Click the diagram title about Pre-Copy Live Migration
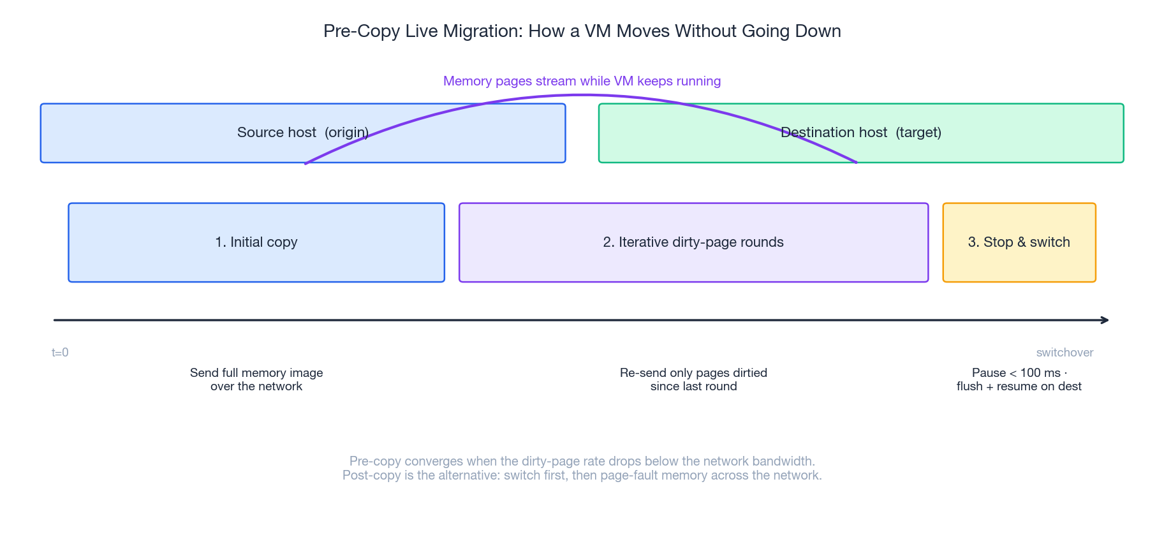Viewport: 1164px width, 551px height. coord(582,31)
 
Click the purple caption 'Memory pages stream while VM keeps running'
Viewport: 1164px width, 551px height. coord(582,81)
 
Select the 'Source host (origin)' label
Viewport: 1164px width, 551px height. coord(303,133)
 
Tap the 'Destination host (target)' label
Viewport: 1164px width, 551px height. coord(861,133)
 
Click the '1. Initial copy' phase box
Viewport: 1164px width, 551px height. coord(256,242)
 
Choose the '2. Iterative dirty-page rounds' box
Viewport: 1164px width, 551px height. coord(693,242)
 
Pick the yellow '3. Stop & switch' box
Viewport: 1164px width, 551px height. coord(1019,242)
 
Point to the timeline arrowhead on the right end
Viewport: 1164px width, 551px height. coord(1106,320)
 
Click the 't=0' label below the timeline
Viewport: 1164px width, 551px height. coord(60,353)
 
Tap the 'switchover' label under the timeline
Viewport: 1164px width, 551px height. coord(1065,353)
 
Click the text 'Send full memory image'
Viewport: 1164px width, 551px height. coord(256,373)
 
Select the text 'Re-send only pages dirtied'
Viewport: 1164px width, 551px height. coord(693,373)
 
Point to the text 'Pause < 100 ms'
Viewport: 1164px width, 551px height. coord(1015,373)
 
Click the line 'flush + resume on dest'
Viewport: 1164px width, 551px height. coord(1019,386)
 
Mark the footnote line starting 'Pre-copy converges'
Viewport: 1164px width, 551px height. coord(582,461)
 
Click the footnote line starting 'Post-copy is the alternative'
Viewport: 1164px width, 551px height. coord(582,475)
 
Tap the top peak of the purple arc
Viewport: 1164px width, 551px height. coord(582,96)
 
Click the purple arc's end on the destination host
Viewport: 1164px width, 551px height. coord(855,162)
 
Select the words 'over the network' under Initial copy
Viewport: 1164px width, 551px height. coord(256,386)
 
